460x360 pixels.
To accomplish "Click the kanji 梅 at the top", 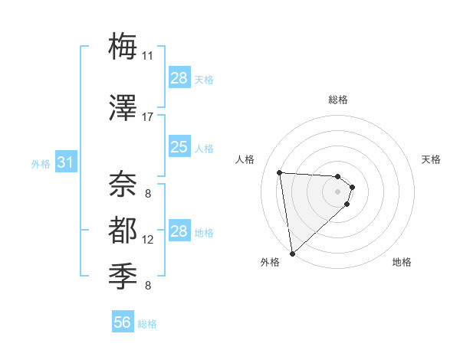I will point(123,46).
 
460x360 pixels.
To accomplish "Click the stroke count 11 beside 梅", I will point(148,55).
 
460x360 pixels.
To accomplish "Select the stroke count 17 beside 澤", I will point(148,117).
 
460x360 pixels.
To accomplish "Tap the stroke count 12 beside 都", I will point(148,240).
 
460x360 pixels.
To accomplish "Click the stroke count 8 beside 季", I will point(147,286).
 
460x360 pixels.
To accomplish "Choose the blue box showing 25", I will point(179,147).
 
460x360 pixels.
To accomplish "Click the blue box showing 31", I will point(66,162).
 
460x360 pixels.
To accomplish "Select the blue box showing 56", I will point(123,323).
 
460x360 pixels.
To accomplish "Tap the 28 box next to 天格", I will point(179,78).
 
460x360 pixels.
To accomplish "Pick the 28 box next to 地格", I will point(179,231).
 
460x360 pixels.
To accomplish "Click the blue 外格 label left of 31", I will point(41,163).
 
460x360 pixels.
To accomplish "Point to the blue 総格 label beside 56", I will point(147,324).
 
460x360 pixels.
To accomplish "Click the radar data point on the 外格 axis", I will point(292,253).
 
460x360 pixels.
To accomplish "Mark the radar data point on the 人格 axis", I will point(280,172).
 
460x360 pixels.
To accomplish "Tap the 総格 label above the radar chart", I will point(338,100).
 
